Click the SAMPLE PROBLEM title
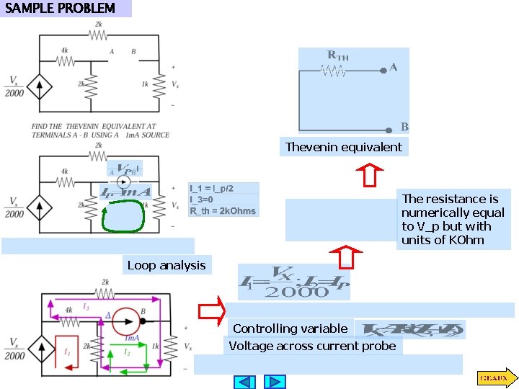61,9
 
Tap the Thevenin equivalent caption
344,147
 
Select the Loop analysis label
167,265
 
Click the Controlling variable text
290,328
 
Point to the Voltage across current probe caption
312,346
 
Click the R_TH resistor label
338,55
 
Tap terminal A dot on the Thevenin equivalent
383,71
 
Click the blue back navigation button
246,382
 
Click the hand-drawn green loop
124,217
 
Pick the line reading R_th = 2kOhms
223,211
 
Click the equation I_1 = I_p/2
212,189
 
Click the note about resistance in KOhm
453,219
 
